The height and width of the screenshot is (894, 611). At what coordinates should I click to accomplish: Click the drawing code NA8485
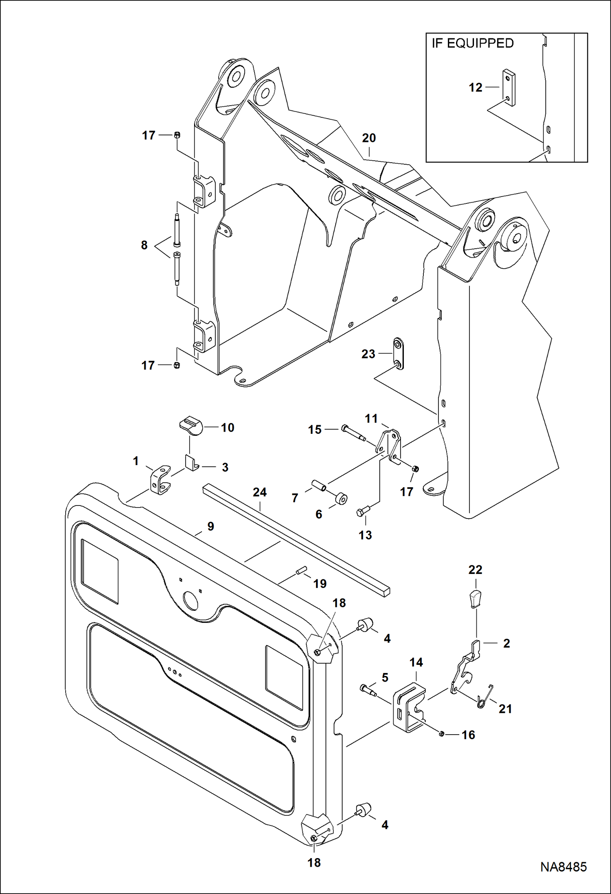(x=563, y=867)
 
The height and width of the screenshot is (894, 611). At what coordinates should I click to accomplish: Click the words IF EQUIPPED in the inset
(x=473, y=43)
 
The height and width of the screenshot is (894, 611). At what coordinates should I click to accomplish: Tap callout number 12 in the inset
(x=476, y=87)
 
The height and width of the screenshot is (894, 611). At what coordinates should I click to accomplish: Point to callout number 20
(x=369, y=138)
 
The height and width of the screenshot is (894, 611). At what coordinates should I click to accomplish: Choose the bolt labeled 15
(x=354, y=433)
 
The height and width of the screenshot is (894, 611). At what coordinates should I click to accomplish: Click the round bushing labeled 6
(x=341, y=499)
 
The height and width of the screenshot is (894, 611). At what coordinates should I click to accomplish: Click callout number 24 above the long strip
(x=259, y=492)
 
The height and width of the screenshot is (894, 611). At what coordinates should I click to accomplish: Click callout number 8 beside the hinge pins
(x=144, y=245)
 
